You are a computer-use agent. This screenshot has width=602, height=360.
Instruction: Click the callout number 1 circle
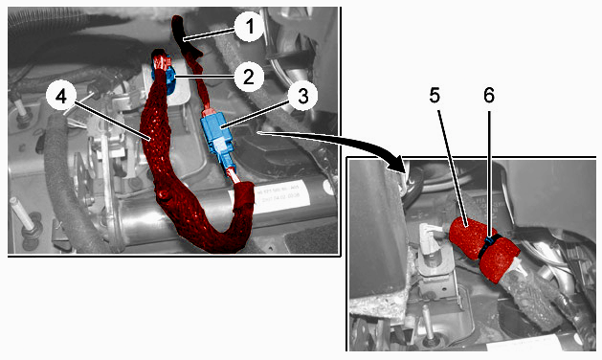[250, 27]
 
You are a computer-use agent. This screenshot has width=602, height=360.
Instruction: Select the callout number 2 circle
[249, 77]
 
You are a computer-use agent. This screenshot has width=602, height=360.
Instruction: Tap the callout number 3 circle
[303, 96]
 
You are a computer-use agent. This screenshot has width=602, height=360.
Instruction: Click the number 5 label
[435, 96]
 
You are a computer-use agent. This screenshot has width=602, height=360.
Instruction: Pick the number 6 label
[489, 96]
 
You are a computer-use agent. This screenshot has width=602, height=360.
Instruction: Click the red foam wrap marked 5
[483, 249]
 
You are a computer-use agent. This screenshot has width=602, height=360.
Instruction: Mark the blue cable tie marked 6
[487, 246]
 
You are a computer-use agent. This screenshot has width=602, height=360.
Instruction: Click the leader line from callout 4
[111, 121]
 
